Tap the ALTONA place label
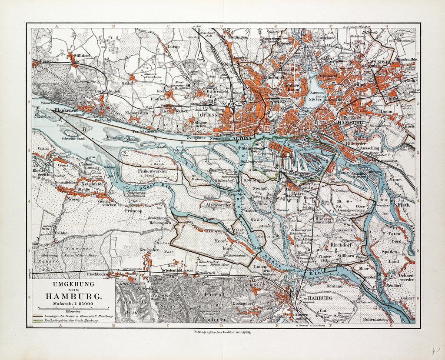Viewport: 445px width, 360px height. (242, 139)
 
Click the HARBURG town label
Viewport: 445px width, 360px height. (320, 298)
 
